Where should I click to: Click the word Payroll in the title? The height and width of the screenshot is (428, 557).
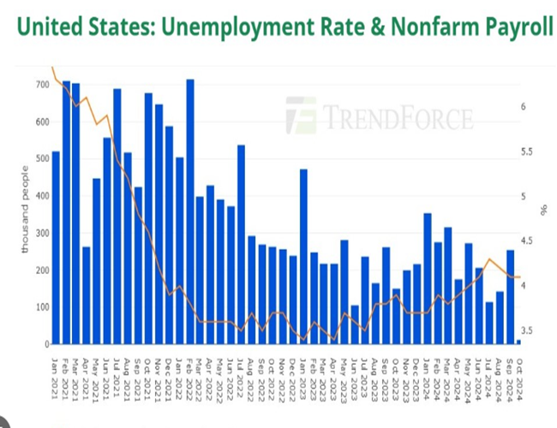point(506,28)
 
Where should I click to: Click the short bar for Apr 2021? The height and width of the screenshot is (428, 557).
point(87,295)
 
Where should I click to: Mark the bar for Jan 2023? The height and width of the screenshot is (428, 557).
point(303,257)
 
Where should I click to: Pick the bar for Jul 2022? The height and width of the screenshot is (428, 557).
point(242,245)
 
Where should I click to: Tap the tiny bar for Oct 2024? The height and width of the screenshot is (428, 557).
point(518,342)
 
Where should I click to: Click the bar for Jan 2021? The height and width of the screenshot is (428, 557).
point(56,248)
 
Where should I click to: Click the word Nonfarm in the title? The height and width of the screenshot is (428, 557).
point(408,28)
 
